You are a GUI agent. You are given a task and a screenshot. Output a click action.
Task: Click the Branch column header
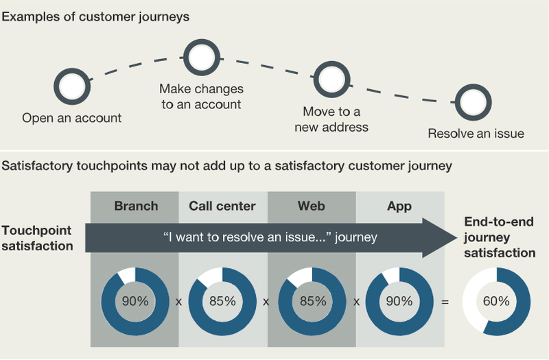point(136,206)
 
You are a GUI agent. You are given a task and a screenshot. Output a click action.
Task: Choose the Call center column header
point(222,206)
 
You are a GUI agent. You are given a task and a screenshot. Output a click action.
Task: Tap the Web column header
point(312,206)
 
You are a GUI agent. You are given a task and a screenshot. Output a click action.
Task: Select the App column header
point(399,206)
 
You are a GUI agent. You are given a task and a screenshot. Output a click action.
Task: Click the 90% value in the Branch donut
point(135,301)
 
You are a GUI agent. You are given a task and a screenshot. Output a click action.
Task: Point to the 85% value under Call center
point(222,301)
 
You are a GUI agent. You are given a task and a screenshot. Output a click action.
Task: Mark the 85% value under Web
point(313,301)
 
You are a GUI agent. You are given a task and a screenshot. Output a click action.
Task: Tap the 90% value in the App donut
point(399,301)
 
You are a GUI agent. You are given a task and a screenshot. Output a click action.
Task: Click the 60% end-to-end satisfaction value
point(496,301)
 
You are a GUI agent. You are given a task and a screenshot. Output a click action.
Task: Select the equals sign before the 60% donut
point(445,302)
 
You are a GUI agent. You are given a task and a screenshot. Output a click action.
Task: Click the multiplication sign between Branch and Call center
point(178,302)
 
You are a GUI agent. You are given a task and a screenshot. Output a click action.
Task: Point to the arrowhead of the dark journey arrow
point(456,238)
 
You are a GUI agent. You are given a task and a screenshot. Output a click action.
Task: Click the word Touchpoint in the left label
point(36,231)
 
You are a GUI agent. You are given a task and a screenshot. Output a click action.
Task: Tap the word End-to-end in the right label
point(499,221)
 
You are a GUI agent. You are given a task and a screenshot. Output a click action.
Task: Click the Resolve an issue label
point(476,134)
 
